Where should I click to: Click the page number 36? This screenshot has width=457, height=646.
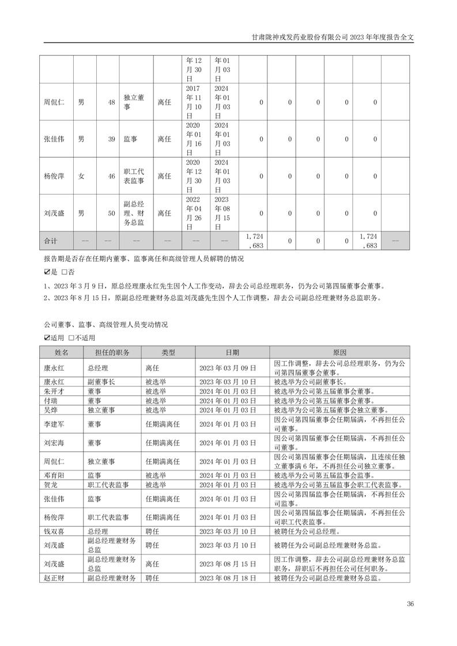[410, 604]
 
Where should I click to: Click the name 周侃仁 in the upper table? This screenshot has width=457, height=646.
[54, 102]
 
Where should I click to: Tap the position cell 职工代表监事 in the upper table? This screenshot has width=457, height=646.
[134, 176]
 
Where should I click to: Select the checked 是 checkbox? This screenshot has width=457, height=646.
[47, 271]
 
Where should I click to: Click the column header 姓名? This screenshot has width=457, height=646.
[62, 352]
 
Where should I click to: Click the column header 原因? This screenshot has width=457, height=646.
[340, 352]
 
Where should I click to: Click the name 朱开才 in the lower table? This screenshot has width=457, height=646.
[54, 391]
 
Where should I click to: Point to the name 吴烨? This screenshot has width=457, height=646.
[51, 409]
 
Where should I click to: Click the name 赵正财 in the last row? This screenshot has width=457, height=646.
[54, 577]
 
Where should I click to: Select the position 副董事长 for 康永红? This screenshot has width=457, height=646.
[101, 381]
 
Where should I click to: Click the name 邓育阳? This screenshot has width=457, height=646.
[54, 476]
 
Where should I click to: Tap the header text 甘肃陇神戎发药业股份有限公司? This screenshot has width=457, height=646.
[300, 36]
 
